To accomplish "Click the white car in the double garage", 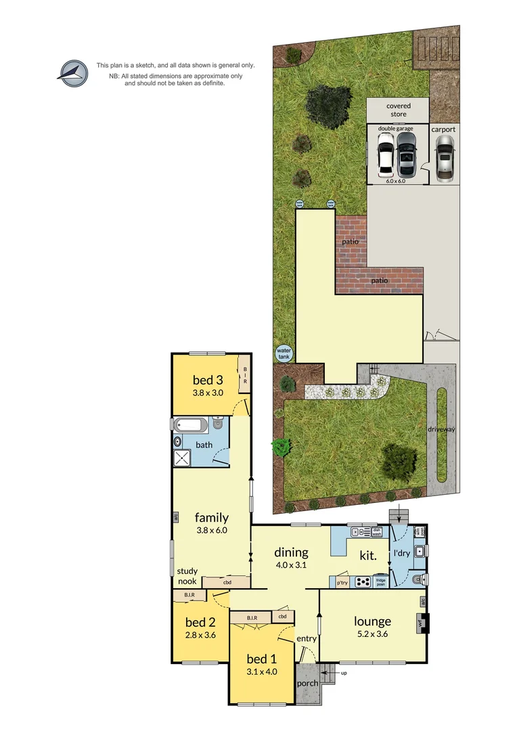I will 386,154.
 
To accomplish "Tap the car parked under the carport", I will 444,157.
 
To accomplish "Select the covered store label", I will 397,110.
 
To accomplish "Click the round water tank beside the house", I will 283,353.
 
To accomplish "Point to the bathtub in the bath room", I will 189,426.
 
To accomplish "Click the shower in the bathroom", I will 183,458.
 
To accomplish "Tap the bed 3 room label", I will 208,379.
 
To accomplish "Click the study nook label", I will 187,576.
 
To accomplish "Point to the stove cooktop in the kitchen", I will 362,581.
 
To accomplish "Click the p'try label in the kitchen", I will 342,581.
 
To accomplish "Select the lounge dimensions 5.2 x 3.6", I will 372,635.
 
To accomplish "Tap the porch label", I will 307,683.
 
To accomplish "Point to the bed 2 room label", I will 200,622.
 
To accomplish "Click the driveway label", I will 441,429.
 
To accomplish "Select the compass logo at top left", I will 72,74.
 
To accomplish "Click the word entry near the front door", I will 306,638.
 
